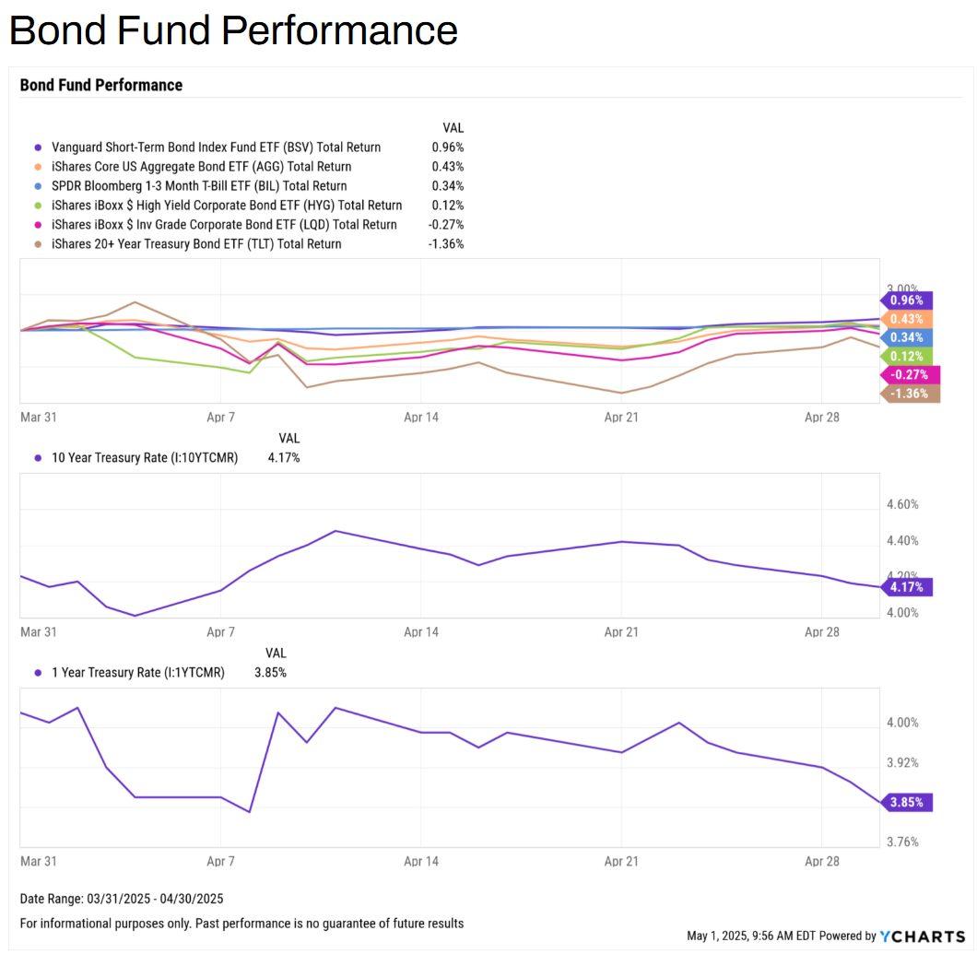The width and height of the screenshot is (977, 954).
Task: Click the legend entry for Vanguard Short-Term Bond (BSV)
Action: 216,147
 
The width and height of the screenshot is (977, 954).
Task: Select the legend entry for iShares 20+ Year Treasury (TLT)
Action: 196,244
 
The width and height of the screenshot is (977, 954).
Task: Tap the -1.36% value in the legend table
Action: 447,244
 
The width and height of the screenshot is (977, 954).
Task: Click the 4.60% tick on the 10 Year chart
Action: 902,505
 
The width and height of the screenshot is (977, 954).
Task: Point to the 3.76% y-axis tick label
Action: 902,842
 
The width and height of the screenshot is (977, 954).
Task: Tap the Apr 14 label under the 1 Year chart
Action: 421,862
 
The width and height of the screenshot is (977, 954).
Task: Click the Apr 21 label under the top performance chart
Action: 621,418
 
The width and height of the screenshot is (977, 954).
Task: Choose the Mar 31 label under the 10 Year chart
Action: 39,632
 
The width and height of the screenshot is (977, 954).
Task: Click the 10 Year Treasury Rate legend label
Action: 144,458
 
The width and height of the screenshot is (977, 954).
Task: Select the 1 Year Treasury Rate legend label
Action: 137,673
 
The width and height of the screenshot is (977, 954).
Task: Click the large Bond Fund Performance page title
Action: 233,30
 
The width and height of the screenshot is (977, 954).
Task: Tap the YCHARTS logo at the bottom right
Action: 922,936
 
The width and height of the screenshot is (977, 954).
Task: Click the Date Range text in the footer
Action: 122,899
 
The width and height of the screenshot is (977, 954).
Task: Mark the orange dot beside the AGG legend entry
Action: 38,167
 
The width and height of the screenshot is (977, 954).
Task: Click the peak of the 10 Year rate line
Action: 335,531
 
